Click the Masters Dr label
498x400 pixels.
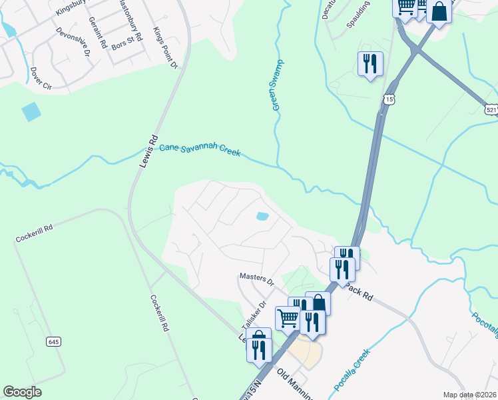click(257, 279)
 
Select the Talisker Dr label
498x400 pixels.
click(253, 313)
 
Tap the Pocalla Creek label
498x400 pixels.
click(351, 371)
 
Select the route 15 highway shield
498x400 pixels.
click(389, 99)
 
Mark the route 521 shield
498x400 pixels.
click(491, 109)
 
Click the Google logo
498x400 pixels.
click(22, 392)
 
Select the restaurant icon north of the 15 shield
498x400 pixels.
click(370, 64)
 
